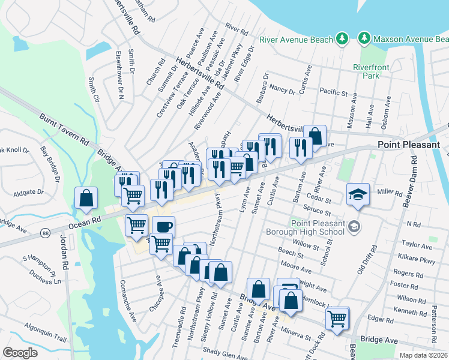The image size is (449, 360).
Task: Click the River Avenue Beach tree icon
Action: [342, 39]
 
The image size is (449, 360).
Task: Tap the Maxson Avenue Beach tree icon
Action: [364, 39]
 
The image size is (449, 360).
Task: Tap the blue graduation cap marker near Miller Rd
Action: [358, 194]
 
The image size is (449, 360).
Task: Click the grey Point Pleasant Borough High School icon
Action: [355, 226]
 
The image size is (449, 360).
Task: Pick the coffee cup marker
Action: [163, 226]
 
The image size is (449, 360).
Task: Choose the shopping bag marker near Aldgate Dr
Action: [86, 197]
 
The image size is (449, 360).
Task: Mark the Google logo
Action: [20, 353]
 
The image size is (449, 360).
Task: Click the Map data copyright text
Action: [424, 355]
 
